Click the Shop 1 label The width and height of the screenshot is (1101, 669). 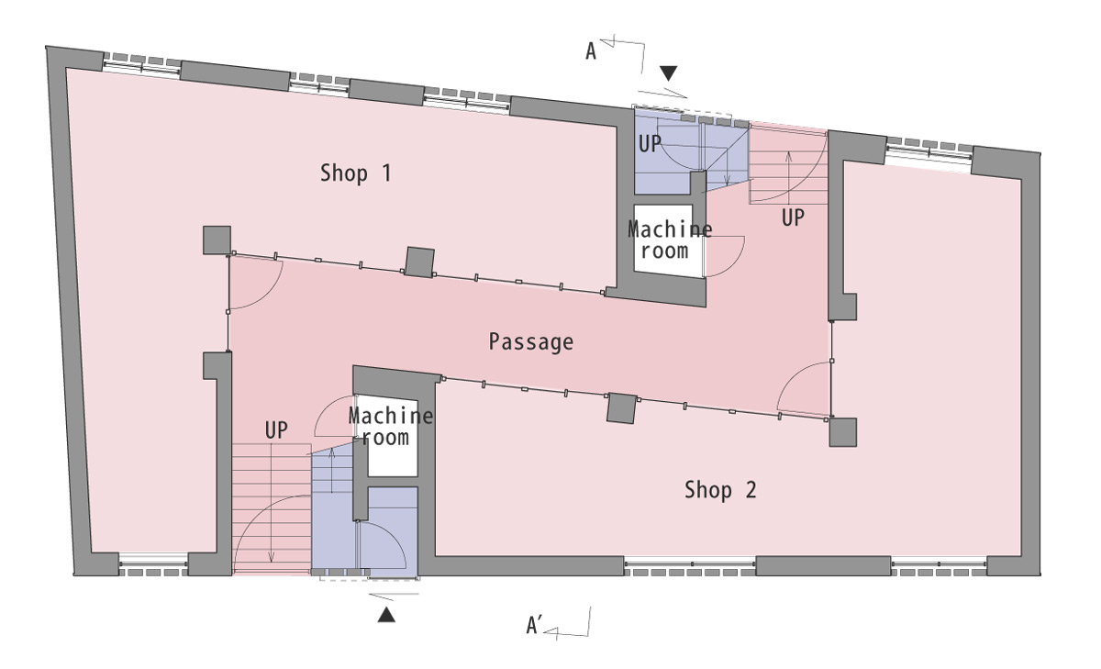point(356,173)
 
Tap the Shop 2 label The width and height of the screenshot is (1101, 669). point(720,490)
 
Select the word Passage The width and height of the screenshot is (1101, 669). point(531,342)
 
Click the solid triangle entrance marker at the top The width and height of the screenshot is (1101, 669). point(669,73)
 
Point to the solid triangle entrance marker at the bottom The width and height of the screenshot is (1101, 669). point(386,615)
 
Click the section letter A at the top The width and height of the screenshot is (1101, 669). point(591,51)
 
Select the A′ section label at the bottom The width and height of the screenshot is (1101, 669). point(534,626)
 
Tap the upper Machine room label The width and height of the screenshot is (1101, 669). point(670,240)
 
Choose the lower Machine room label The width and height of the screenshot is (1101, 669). point(391,427)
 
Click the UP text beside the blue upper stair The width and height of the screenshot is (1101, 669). point(650,144)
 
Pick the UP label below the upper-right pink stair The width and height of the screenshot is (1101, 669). point(793,217)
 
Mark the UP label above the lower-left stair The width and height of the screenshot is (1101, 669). point(276,430)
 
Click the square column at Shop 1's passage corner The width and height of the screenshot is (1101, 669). point(217,240)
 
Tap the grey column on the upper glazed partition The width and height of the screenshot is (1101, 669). point(419,262)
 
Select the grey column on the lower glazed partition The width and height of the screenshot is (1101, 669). point(622,408)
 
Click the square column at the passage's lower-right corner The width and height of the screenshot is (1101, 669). point(843,432)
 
